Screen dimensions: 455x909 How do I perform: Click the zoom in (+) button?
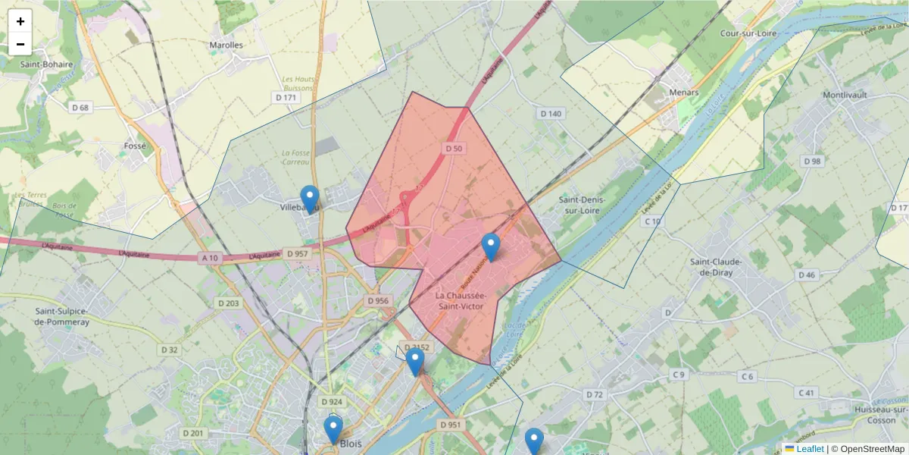20,21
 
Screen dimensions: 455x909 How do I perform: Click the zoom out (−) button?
20,44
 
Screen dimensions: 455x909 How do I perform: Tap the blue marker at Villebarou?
309,199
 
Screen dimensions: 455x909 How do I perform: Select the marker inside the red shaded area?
491,247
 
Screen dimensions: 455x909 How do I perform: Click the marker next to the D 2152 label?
414,362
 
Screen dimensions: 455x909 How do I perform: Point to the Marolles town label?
226,45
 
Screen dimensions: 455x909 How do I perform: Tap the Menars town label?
683,92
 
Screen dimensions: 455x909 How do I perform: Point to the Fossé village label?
135,146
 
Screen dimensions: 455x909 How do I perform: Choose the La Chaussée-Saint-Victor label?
461,300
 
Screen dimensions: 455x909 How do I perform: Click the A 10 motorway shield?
211,258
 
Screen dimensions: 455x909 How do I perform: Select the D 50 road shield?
453,148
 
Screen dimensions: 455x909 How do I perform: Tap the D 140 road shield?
551,114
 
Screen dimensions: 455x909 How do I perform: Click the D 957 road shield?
298,253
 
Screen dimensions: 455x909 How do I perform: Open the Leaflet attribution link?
809,449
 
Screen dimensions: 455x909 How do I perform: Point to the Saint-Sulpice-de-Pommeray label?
62,316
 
